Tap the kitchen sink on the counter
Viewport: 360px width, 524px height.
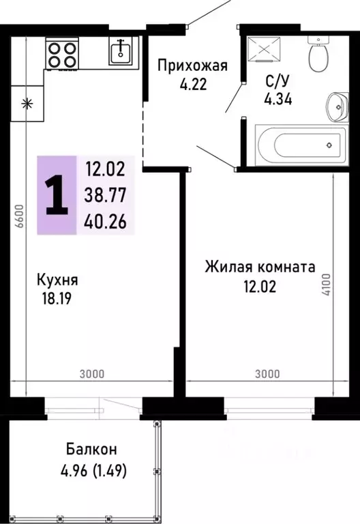click(x=123, y=50)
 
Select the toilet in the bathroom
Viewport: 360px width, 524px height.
click(x=318, y=54)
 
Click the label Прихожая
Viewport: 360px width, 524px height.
click(x=192, y=66)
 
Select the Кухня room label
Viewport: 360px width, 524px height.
click(x=57, y=280)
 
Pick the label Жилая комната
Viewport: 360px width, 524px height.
click(x=260, y=267)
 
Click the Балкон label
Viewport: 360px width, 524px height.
click(x=91, y=450)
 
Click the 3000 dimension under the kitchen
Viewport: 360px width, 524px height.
click(x=91, y=374)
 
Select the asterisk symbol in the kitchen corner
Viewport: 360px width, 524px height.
click(x=27, y=104)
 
